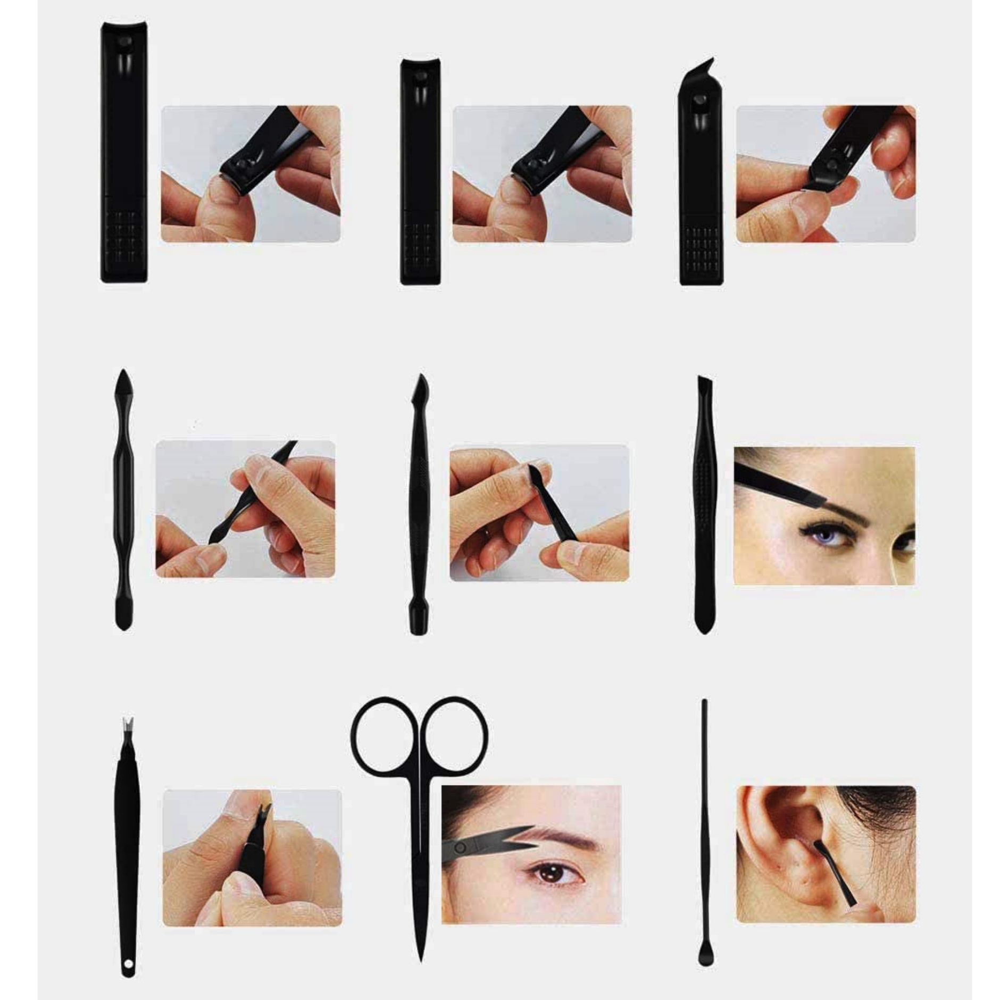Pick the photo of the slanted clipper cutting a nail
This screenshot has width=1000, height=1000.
coord(826,174)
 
